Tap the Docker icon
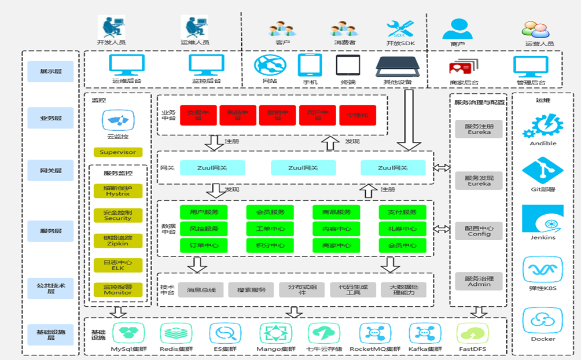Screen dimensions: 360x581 pyautogui.click(x=542, y=320)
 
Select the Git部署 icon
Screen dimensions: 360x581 pyautogui.click(x=542, y=170)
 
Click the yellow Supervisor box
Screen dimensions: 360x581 pyautogui.click(x=117, y=152)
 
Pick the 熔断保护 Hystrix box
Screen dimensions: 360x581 pyautogui.click(x=117, y=191)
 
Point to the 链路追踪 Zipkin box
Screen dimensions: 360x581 pyautogui.click(x=117, y=241)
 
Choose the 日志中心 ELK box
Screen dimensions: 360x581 pyautogui.click(x=117, y=265)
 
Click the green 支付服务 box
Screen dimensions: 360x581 pyautogui.click(x=402, y=212)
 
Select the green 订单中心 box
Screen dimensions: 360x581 pyautogui.click(x=203, y=245)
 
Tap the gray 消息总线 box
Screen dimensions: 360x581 pyautogui.click(x=201, y=289)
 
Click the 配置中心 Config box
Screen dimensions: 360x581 pyautogui.click(x=479, y=231)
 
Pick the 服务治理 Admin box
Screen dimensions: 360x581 pyautogui.click(x=479, y=281)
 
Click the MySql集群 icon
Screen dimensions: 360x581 pyautogui.click(x=127, y=333)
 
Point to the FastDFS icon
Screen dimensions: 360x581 pyautogui.click(x=472, y=333)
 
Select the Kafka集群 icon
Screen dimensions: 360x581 pyautogui.click(x=425, y=333)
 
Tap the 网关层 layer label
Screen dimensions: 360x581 pyautogui.click(x=51, y=171)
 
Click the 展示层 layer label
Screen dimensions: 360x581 pyautogui.click(x=51, y=71)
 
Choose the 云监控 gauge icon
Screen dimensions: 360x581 pyautogui.click(x=118, y=121)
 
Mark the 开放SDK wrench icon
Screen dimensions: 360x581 pyautogui.click(x=400, y=28)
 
